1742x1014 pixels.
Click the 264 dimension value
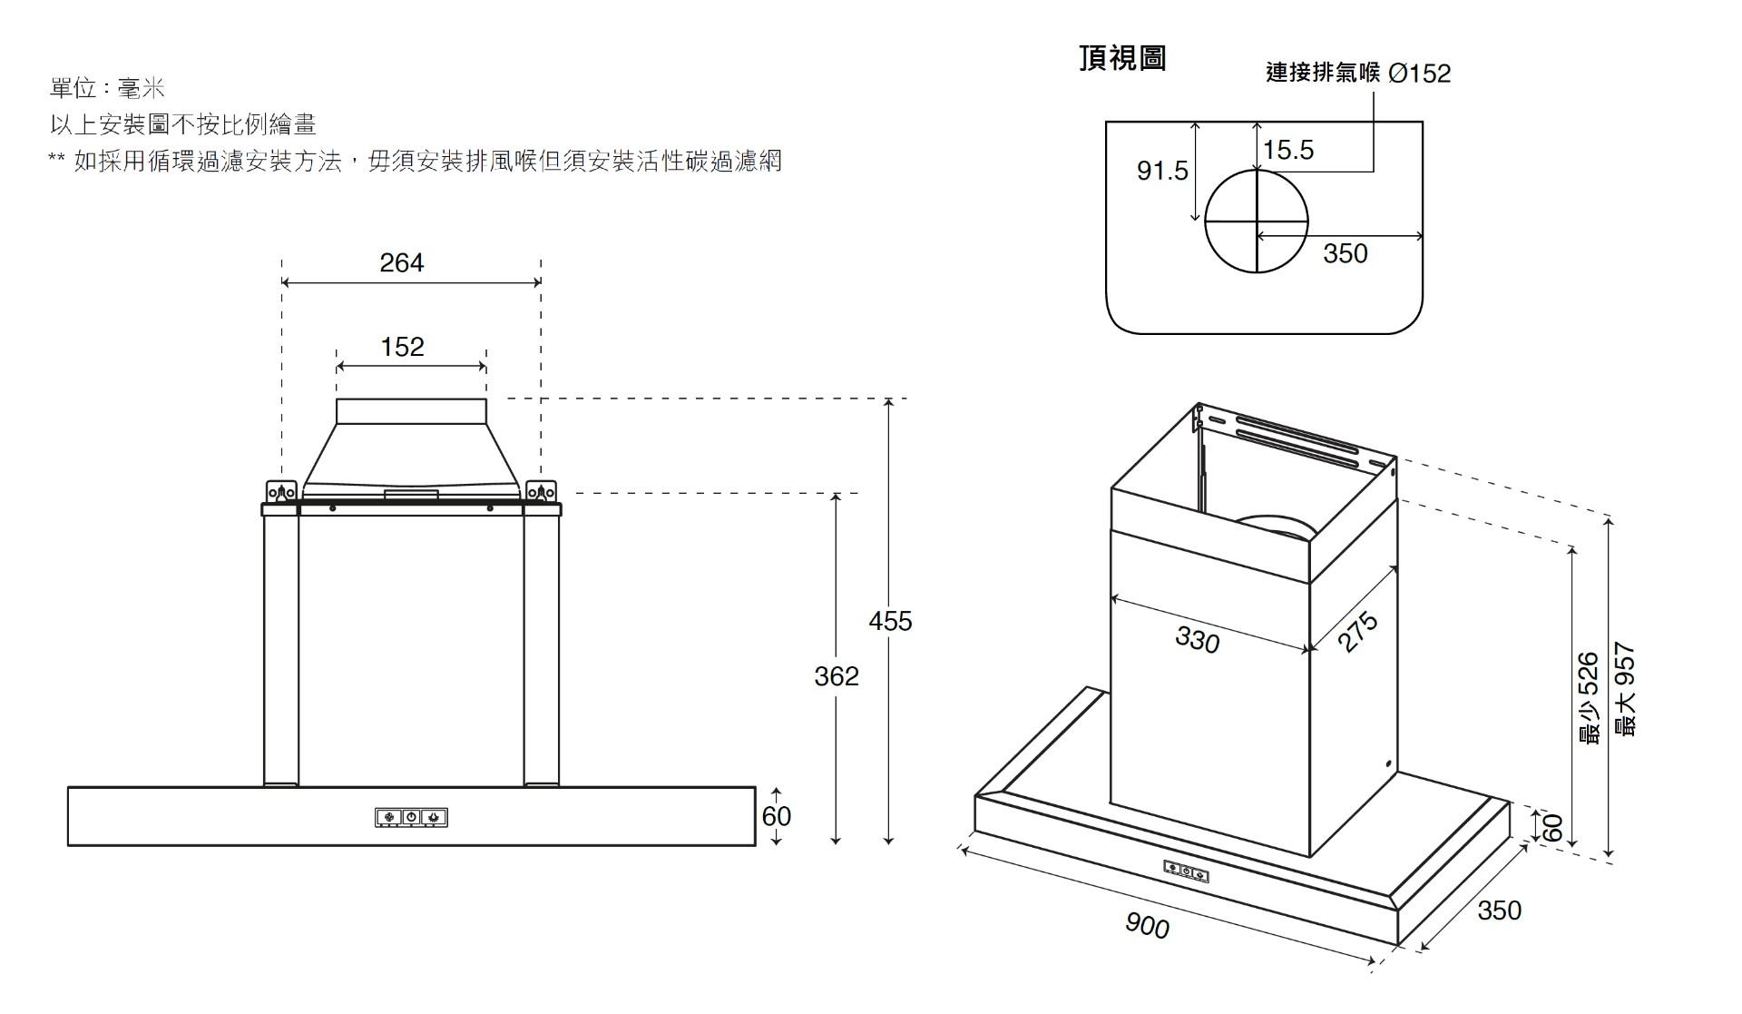click(x=401, y=263)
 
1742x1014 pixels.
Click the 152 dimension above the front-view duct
click(x=402, y=347)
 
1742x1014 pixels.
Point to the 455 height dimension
click(x=890, y=622)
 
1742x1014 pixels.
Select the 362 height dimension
click(x=837, y=676)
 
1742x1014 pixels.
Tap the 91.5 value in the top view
click(x=1162, y=171)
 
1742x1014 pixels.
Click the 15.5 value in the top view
click(x=1288, y=150)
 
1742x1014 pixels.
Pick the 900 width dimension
click(x=1147, y=925)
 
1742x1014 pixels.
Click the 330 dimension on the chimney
click(x=1197, y=641)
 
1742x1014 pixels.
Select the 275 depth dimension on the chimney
click(x=1358, y=632)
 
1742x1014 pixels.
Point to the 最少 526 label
click(x=1588, y=699)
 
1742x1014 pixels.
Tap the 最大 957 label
click(x=1625, y=690)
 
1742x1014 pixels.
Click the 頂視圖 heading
click(x=1122, y=58)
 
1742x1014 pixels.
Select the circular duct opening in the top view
click(x=1257, y=221)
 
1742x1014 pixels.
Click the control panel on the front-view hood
click(x=411, y=818)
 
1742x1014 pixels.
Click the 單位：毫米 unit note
click(x=107, y=88)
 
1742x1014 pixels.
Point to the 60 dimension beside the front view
click(x=777, y=816)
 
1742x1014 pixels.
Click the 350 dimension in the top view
click(x=1345, y=253)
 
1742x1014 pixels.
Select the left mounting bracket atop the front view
click(x=281, y=491)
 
